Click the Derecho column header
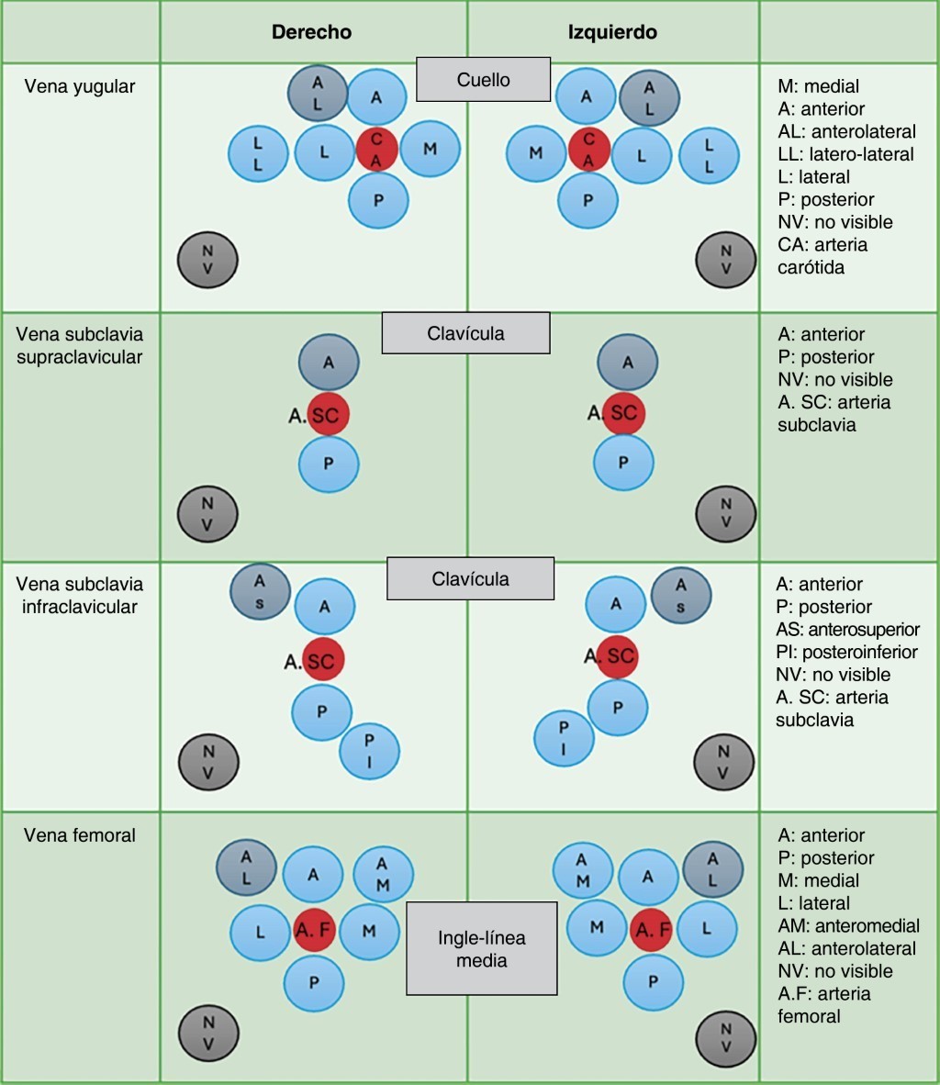[x=311, y=32]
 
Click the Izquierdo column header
[x=612, y=32]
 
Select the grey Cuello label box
[x=483, y=80]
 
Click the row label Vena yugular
[x=80, y=87]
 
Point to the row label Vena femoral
[x=80, y=835]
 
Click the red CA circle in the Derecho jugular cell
[x=376, y=150]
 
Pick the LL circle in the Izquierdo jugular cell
[x=709, y=156]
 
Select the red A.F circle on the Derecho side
[x=314, y=931]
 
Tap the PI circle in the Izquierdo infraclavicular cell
[x=565, y=740]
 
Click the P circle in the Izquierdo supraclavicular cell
[x=623, y=463]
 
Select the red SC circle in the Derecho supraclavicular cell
[x=328, y=416]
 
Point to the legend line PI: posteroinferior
[x=846, y=652]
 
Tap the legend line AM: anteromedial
[x=847, y=925]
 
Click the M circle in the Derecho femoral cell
[x=369, y=931]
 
